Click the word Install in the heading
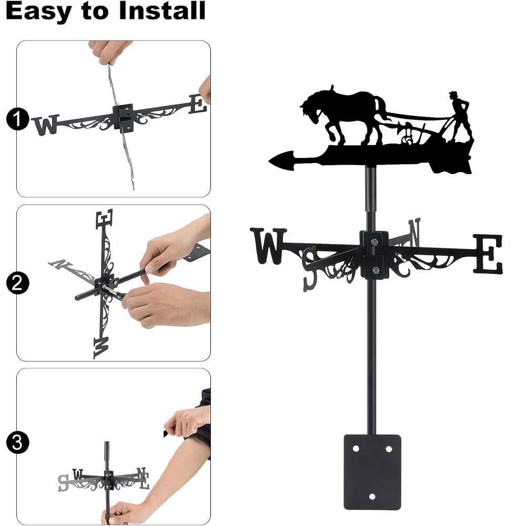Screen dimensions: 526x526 point(162,11)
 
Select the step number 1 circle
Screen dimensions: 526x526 point(17,119)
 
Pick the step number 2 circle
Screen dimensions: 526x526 point(17,283)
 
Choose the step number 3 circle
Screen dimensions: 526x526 point(17,442)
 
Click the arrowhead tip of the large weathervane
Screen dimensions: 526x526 point(269,161)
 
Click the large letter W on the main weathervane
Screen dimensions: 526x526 point(268,246)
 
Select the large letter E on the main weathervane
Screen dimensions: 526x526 point(488,254)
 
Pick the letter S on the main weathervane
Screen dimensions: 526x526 point(310,268)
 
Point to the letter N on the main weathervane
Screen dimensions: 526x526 point(414,231)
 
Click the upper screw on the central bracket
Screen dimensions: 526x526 point(374,241)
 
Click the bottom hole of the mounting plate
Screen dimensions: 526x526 point(372,497)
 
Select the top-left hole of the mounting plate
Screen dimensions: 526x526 point(356,449)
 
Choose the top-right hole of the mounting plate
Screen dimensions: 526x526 point(389,449)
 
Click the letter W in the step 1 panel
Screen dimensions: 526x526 point(46,125)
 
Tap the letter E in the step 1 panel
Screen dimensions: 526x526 point(197,104)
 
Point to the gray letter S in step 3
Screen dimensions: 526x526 point(63,483)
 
